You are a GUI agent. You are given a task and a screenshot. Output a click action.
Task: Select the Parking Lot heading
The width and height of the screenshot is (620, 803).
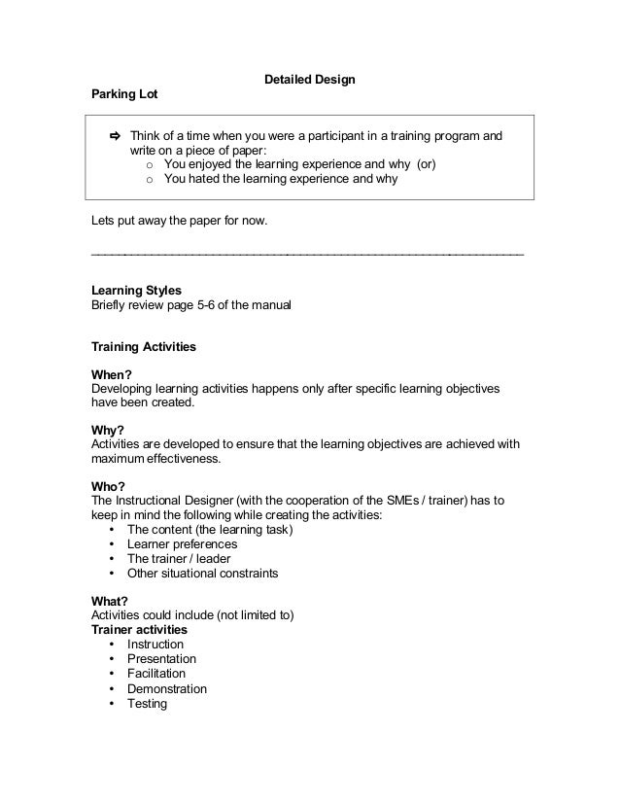[123, 95]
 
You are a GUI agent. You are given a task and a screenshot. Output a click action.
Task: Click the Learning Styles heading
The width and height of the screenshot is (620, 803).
[135, 290]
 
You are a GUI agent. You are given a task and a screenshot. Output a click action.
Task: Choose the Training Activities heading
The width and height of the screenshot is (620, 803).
[143, 345]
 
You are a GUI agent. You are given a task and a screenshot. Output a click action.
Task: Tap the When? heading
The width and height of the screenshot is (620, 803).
[111, 373]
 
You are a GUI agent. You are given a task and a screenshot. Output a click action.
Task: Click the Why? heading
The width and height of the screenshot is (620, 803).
[108, 429]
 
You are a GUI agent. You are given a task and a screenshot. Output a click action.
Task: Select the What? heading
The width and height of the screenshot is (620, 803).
[110, 601]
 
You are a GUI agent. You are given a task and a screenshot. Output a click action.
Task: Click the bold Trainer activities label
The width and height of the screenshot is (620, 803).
[139, 630]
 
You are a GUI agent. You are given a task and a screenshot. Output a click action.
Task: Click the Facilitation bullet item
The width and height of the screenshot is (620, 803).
[156, 674]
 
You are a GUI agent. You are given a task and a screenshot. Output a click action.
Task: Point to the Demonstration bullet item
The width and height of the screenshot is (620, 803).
[167, 688]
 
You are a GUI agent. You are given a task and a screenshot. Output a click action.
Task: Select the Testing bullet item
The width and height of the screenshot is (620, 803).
[148, 703]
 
